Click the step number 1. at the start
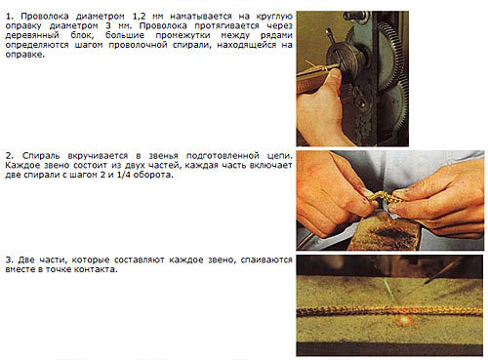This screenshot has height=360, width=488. tap(10, 17)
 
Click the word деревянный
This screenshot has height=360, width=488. tap(32, 36)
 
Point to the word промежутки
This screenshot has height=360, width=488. tap(183, 36)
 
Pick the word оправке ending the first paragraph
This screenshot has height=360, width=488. tap(24, 55)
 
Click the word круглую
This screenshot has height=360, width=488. tap(274, 17)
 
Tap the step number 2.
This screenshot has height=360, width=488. tap(10, 156)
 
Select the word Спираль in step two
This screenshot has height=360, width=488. tap(41, 156)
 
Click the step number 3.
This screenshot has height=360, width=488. tap(10, 260)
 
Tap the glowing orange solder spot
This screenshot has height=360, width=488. tap(405, 321)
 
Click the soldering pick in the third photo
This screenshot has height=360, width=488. tap(444, 270)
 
